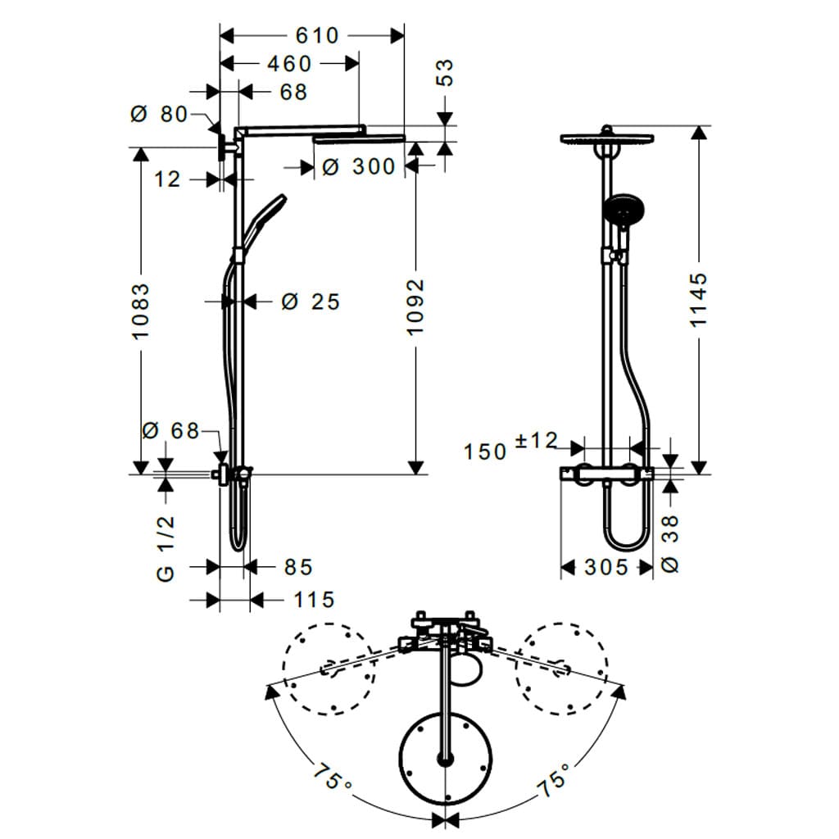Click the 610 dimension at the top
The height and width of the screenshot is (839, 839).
coord(317,36)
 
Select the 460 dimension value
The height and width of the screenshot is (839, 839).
coord(289,64)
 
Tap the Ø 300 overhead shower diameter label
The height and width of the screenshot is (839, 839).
coord(359,166)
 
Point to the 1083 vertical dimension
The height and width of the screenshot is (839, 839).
coord(141,311)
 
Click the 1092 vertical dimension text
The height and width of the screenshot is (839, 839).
coord(415,307)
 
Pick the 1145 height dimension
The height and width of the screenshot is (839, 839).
coord(698,300)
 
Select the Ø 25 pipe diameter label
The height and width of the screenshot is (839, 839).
coord(311,302)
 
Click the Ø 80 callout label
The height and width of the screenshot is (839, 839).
coord(159,114)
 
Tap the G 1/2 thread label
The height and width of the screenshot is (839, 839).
coord(166,548)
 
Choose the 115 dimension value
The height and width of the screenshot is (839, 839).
coord(314,600)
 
